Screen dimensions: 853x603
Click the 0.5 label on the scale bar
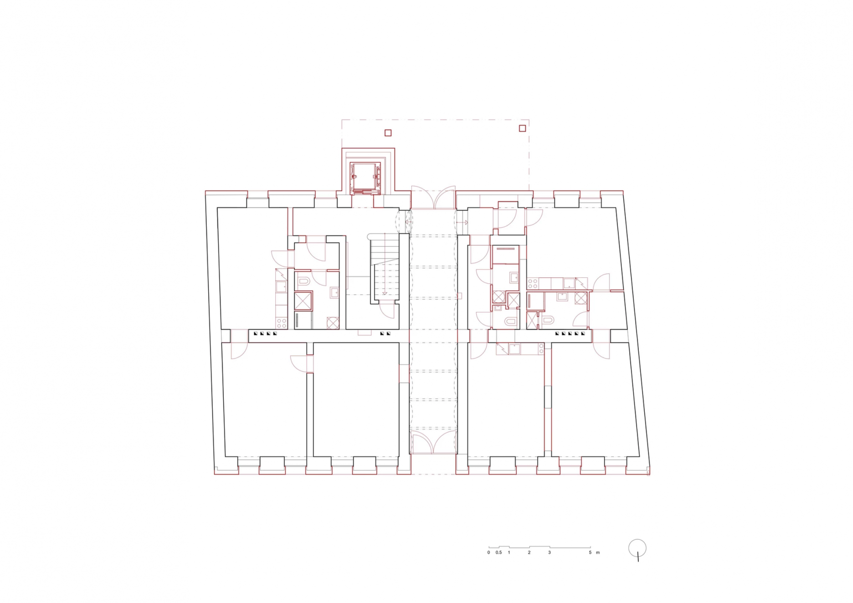click(498, 552)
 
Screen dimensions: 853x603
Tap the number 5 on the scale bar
click(590, 552)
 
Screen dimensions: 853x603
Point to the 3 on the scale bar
click(549, 552)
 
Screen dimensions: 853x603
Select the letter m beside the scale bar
click(598, 552)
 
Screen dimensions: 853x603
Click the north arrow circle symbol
click(637, 548)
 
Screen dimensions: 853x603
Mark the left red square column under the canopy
click(388, 133)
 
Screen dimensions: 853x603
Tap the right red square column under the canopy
click(522, 128)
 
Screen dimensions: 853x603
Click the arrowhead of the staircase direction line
click(385, 293)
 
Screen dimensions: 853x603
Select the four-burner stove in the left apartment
click(281, 323)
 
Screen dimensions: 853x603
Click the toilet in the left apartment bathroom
click(304, 281)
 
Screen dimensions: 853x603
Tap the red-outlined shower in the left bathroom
click(303, 301)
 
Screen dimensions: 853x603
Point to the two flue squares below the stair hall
click(385, 333)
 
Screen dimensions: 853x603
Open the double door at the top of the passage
click(433, 197)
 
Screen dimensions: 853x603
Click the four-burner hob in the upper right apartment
click(532, 284)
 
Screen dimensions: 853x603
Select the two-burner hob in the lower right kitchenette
click(541, 349)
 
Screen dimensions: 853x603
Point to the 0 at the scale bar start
click(488, 552)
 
